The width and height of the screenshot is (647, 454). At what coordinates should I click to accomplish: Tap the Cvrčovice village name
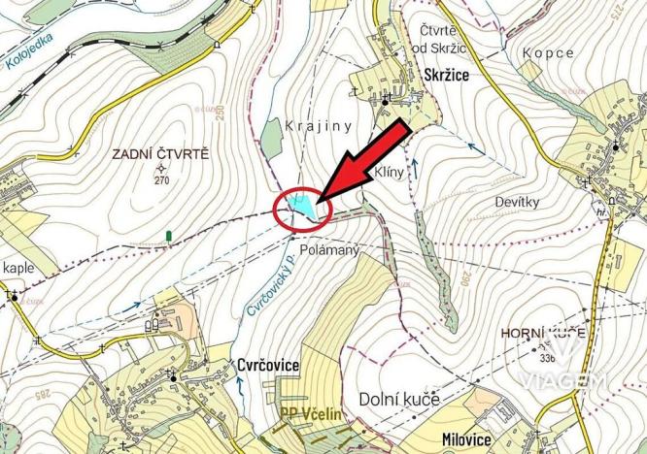point(267,365)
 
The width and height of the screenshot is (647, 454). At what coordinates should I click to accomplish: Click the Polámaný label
point(333,251)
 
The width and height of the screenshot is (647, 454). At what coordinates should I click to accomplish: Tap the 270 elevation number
point(161,180)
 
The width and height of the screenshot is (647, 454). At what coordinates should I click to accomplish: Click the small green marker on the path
point(171,235)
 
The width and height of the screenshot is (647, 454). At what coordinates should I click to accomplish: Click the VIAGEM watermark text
point(573,380)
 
